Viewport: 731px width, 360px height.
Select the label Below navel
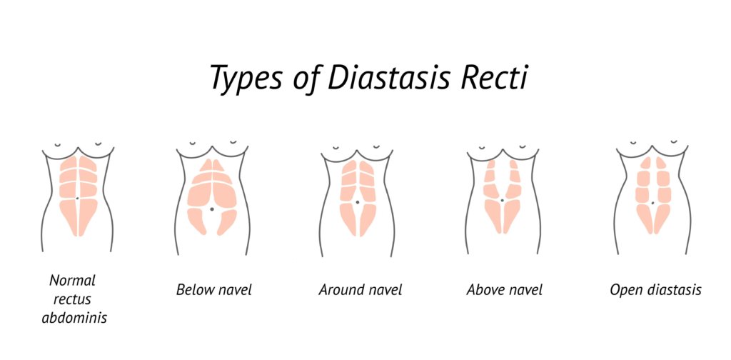(x=214, y=290)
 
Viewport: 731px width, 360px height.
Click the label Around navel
(x=361, y=290)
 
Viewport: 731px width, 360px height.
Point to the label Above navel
(x=505, y=290)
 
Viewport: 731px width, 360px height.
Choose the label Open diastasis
(x=655, y=290)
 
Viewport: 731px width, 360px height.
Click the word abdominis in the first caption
(x=74, y=318)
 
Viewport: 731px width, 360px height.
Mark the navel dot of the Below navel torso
(x=212, y=209)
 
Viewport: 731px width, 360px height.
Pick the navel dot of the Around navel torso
(x=357, y=202)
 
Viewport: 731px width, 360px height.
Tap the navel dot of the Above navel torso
(x=503, y=201)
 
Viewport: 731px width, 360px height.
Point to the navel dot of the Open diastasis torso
(x=652, y=204)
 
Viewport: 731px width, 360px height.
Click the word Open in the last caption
(x=625, y=291)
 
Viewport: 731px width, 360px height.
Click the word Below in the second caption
(x=193, y=290)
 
